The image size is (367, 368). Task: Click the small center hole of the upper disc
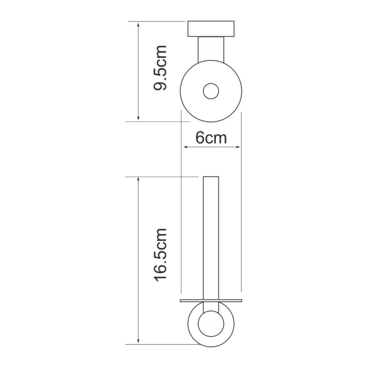pyautogui.click(x=211, y=91)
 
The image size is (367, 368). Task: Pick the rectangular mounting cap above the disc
pyautogui.click(x=211, y=29)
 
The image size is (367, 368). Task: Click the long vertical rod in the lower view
pyautogui.click(x=211, y=237)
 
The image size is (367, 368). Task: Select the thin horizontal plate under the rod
pyautogui.click(x=211, y=301)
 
